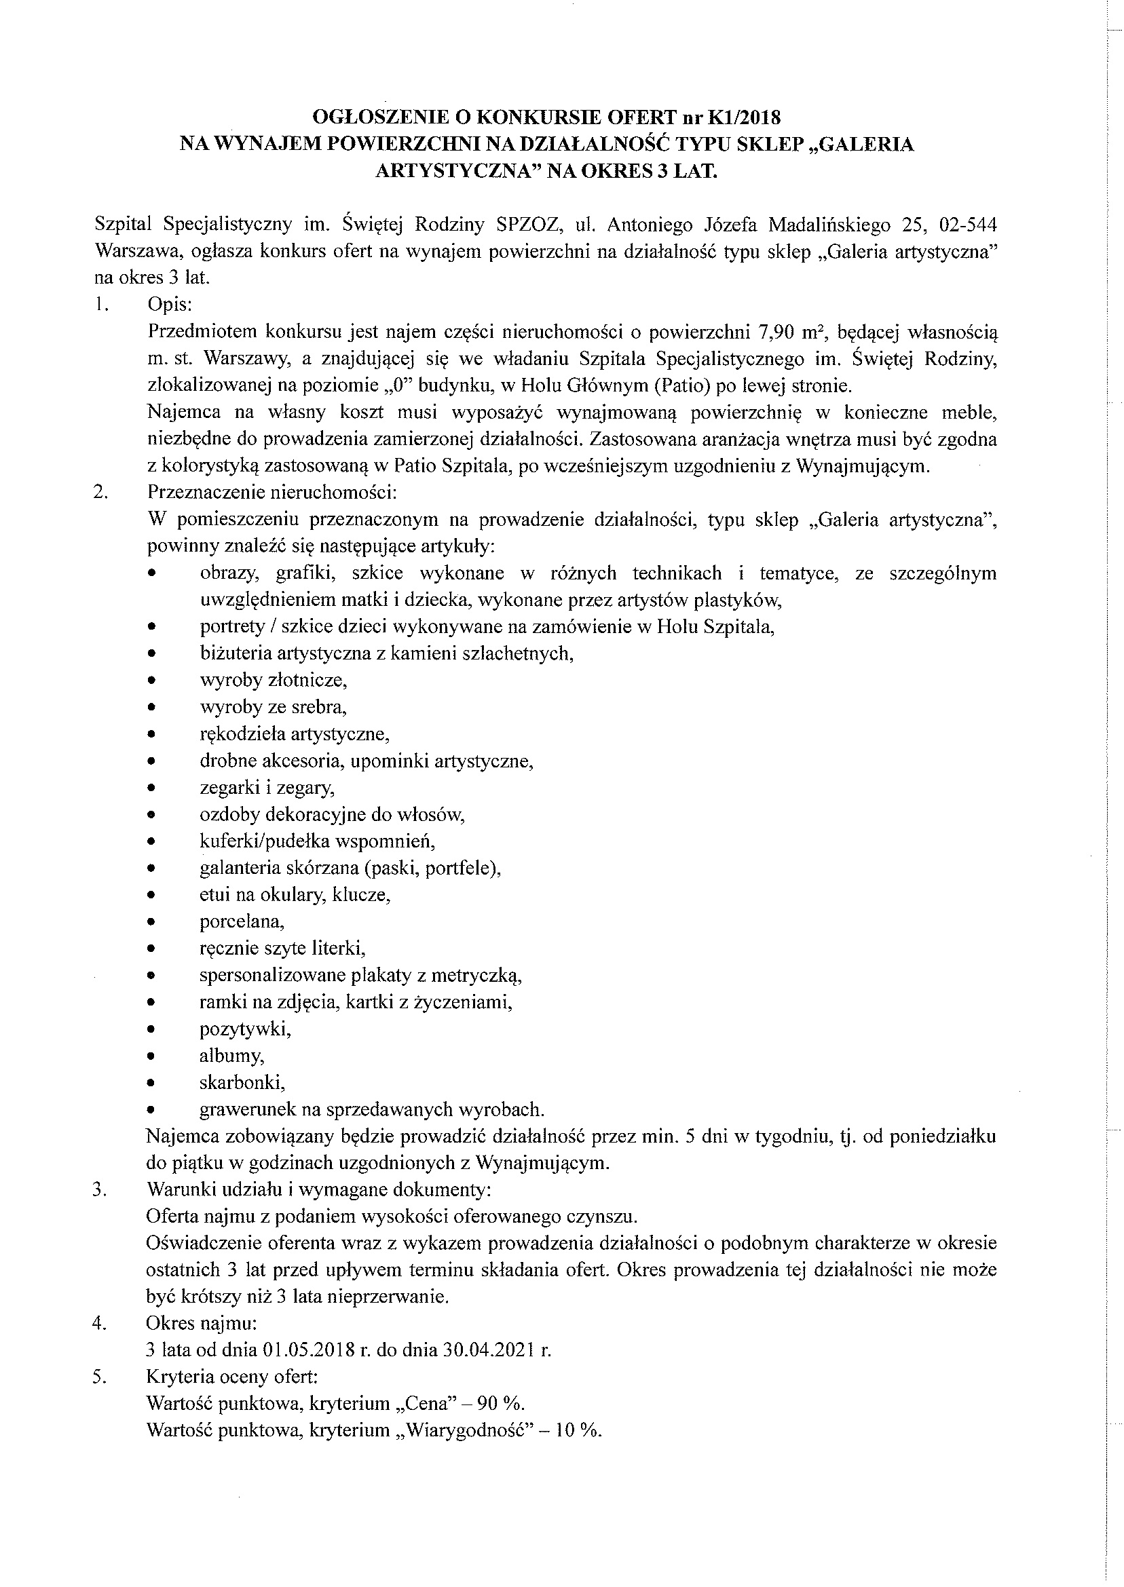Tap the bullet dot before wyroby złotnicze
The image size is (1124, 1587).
coord(151,681)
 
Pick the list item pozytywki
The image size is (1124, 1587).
coord(245,1029)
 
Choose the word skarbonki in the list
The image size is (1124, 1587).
coord(242,1083)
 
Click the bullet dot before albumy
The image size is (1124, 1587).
coord(151,1056)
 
